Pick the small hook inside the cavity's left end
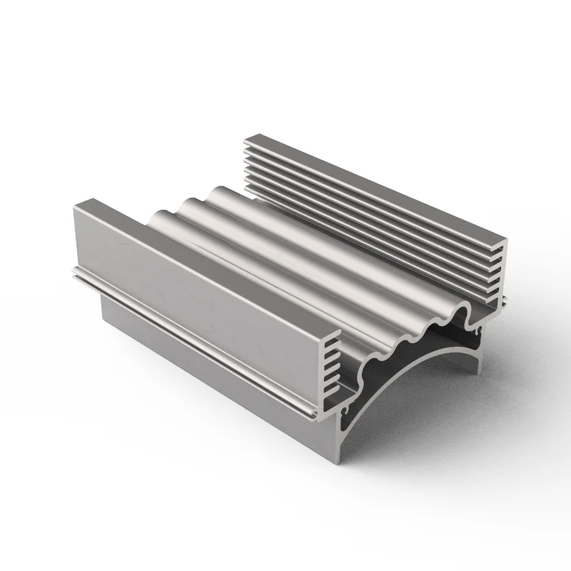click(348, 410)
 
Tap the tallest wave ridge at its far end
click(218, 189)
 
